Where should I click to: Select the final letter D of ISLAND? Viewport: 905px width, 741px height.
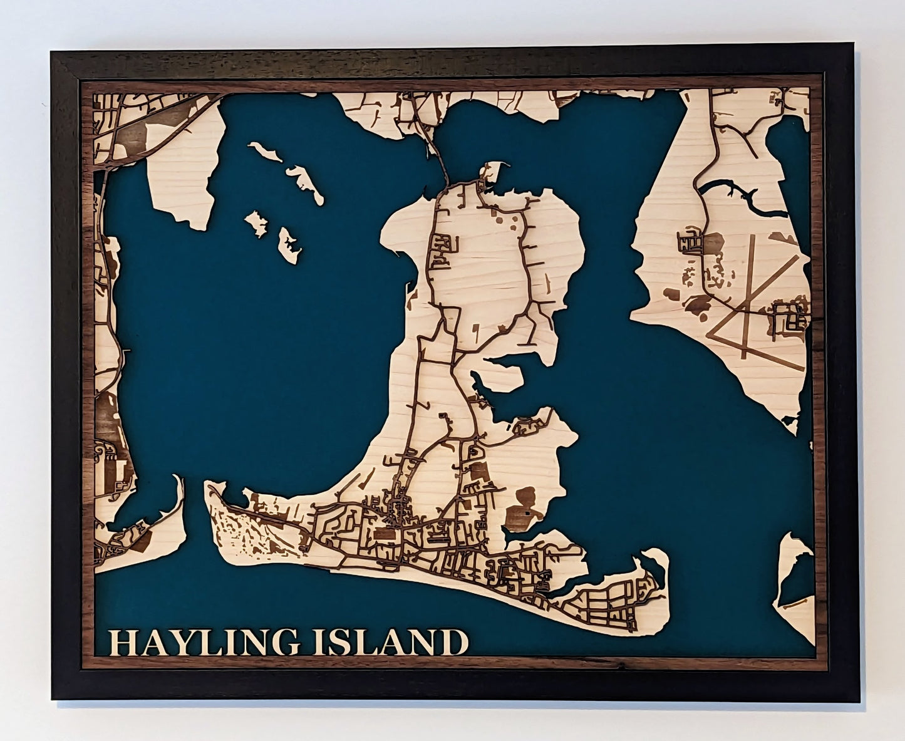click(x=455, y=643)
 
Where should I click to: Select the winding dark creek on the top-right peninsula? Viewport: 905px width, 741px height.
click(x=733, y=191)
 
